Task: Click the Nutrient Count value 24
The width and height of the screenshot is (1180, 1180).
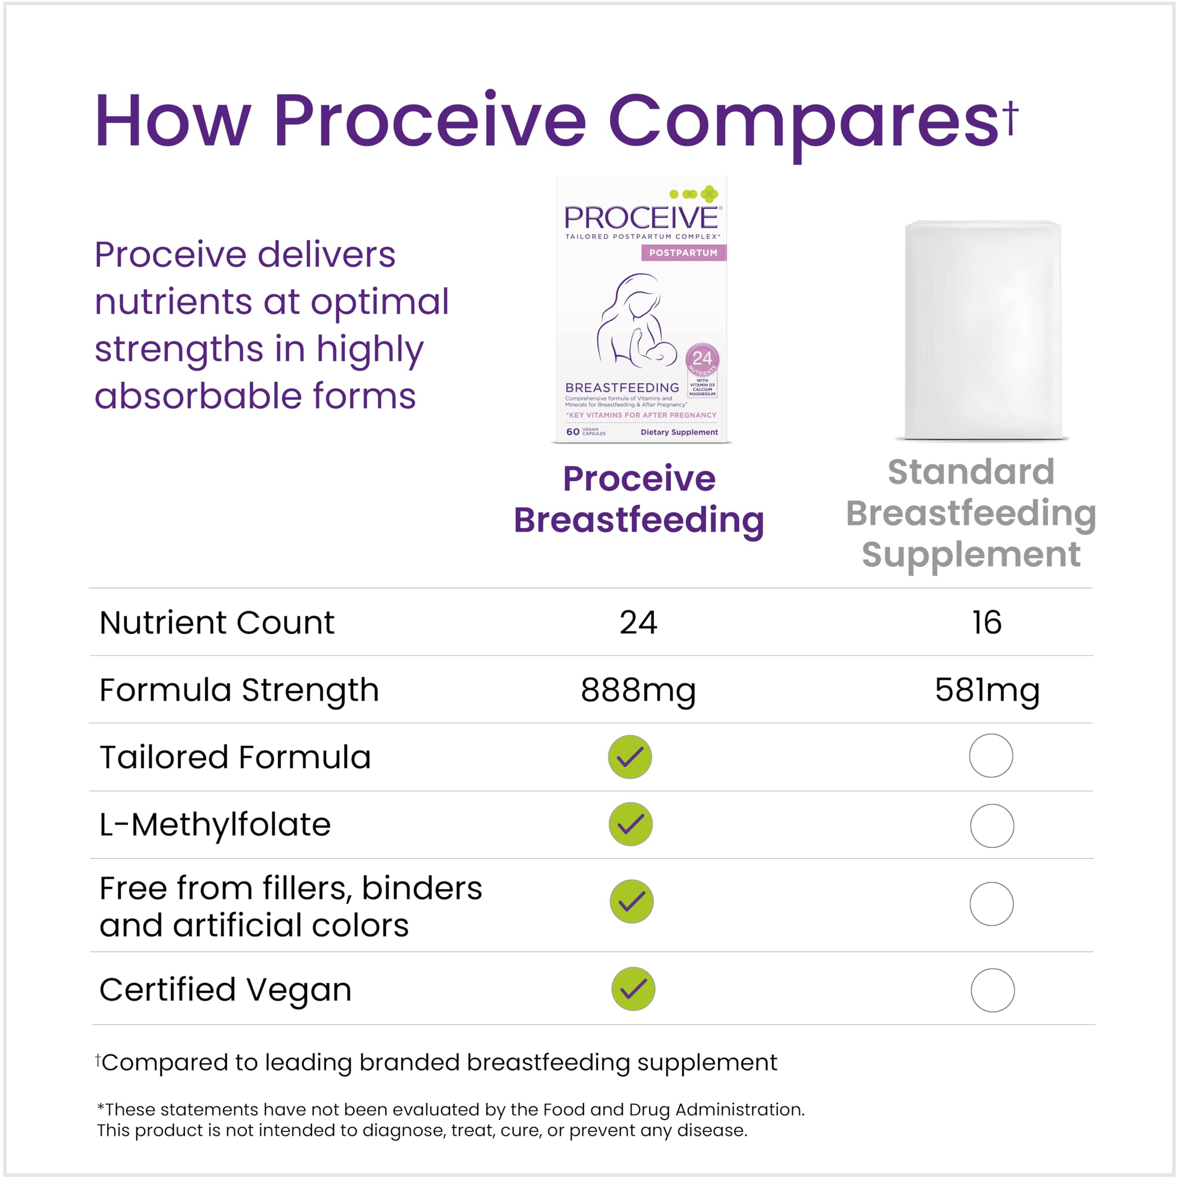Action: (638, 623)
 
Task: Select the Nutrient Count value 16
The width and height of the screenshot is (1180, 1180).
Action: (986, 623)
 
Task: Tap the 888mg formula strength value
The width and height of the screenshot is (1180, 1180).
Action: (638, 691)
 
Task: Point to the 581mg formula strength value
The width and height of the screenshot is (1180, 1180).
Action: (987, 691)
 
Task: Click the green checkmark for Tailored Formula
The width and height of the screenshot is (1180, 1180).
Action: (630, 757)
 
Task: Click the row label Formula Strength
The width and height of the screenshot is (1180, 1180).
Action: (239, 691)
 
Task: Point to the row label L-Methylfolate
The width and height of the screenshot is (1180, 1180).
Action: (215, 825)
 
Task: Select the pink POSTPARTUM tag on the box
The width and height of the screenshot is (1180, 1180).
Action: (684, 253)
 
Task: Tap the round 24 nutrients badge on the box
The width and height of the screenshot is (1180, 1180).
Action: (702, 359)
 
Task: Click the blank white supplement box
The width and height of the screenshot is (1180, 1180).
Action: (983, 330)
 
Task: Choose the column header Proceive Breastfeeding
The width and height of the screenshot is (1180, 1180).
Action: (639, 500)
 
